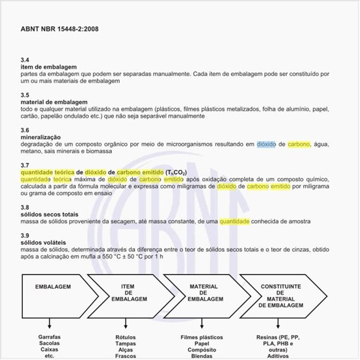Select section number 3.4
25,60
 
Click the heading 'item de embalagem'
49,67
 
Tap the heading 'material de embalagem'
54,102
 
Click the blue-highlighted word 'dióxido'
266,144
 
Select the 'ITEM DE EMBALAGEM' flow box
127,293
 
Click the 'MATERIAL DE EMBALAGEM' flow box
203,293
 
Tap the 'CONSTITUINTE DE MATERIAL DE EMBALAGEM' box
281,296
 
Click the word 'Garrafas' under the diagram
49,338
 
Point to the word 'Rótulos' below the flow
126,338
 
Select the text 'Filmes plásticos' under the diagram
202,338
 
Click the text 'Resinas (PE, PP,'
281,338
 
